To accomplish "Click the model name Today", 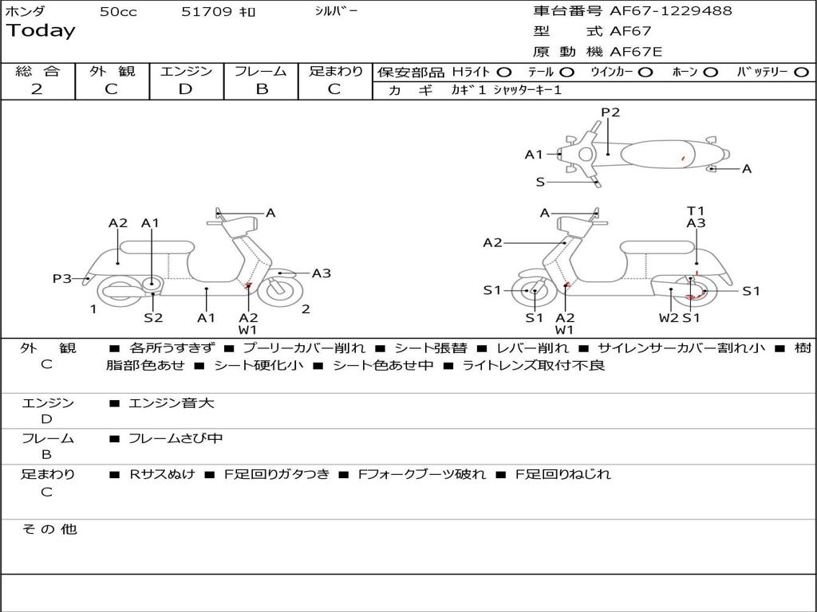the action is (41, 31).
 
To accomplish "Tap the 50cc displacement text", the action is (118, 12).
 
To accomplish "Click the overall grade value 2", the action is (37, 89).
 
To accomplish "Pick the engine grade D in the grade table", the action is (185, 89).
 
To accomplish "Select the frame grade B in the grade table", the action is (261, 89).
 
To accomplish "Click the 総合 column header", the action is (37, 72).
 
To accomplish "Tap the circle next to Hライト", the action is (504, 73).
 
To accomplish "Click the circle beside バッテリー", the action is (801, 73).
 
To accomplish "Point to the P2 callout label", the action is (610, 112).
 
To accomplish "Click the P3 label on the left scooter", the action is (62, 278).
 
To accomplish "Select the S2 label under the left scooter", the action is (153, 317).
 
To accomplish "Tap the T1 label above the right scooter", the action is (696, 211).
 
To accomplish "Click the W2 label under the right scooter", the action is (669, 317).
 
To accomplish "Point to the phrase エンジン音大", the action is (171, 403).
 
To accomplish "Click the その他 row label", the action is (49, 529).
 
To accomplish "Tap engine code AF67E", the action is (636, 52).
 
